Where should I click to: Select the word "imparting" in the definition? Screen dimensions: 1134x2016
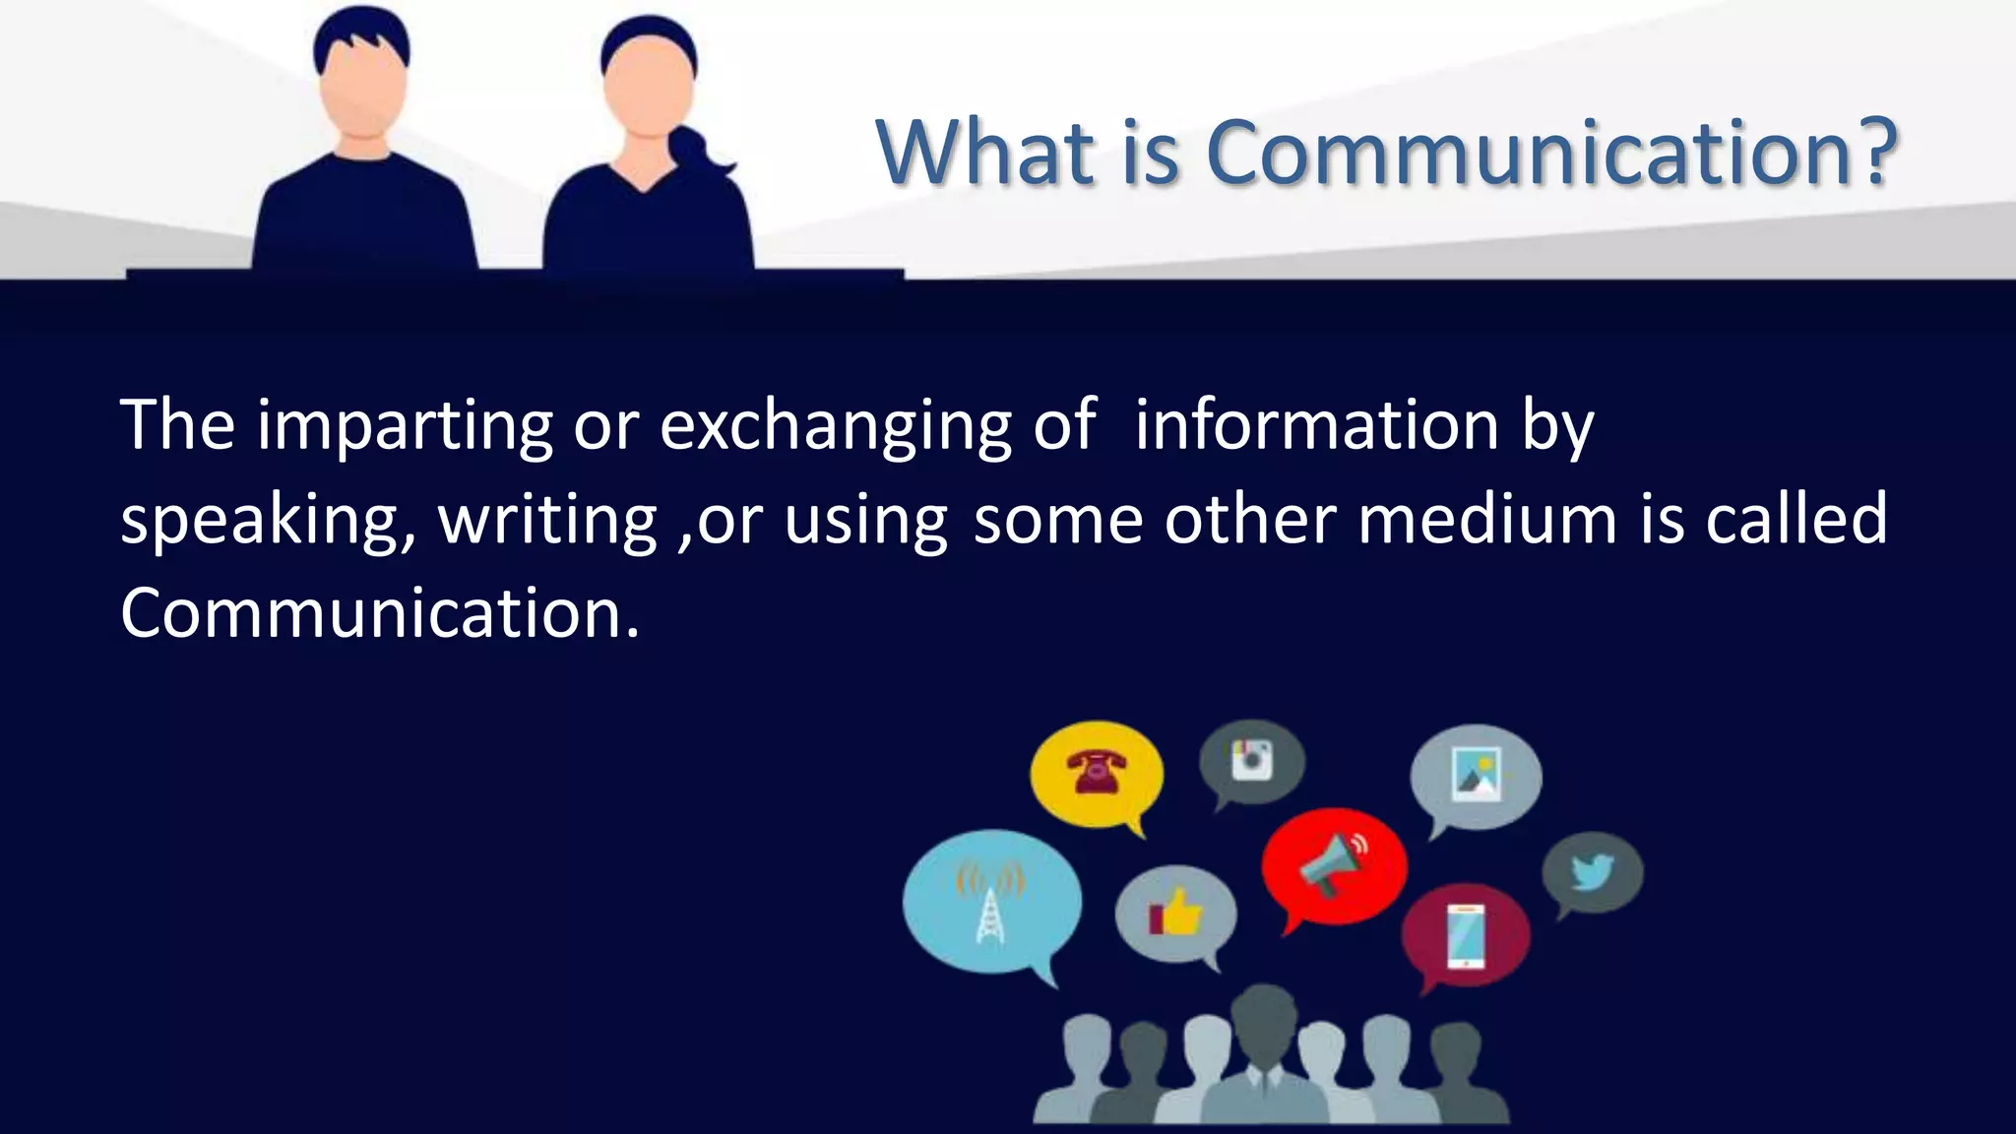(x=405, y=427)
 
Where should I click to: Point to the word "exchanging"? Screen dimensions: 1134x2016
(x=835, y=427)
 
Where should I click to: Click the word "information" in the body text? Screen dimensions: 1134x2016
(x=1316, y=425)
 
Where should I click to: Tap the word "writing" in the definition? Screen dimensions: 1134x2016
(x=547, y=520)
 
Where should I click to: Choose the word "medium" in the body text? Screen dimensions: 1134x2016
(x=1487, y=519)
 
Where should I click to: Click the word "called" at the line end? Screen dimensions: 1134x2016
(x=1795, y=519)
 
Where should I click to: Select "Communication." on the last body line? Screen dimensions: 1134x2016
(x=380, y=613)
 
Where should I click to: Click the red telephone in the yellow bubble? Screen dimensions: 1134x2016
(x=1097, y=771)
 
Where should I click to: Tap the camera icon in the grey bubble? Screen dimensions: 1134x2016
(x=1252, y=759)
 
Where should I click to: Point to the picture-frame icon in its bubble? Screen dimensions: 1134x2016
(x=1477, y=774)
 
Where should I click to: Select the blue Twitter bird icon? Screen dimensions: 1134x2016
(x=1593, y=871)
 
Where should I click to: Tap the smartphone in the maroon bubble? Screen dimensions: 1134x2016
(x=1466, y=936)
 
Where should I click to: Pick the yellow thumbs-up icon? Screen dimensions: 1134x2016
(x=1177, y=912)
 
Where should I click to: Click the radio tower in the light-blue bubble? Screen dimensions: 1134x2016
(x=990, y=902)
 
